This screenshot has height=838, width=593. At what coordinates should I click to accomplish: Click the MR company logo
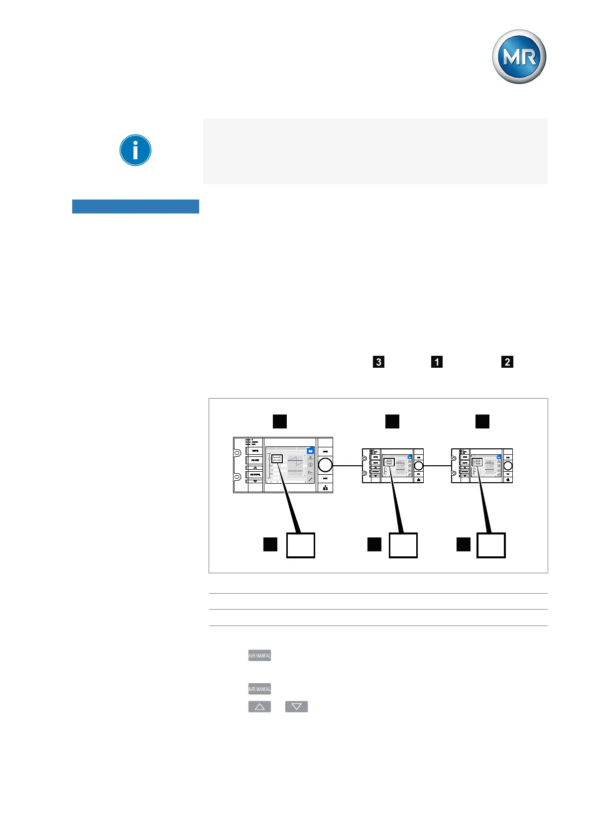(x=519, y=57)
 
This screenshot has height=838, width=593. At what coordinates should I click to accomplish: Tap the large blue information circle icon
(x=135, y=150)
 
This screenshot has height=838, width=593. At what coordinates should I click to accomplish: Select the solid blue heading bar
(x=135, y=207)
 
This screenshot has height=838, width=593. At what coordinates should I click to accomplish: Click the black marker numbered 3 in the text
(x=378, y=362)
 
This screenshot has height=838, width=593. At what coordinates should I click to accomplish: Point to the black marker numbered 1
(x=437, y=362)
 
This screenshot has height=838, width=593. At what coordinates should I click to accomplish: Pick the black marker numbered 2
(x=507, y=362)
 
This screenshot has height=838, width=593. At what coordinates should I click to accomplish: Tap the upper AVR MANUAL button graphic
(x=259, y=655)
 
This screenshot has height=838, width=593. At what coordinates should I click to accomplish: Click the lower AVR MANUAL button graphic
(x=259, y=689)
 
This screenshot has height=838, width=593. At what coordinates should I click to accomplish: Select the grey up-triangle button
(x=259, y=707)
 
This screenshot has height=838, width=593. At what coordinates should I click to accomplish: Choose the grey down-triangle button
(x=296, y=707)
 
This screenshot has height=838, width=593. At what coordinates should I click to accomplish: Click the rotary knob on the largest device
(x=325, y=465)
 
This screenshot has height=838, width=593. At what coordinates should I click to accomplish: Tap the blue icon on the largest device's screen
(x=310, y=450)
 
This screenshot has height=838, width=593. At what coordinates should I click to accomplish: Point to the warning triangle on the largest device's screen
(x=310, y=458)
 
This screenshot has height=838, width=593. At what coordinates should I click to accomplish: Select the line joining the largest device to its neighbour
(x=347, y=466)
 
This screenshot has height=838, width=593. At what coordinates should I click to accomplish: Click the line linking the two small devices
(x=437, y=466)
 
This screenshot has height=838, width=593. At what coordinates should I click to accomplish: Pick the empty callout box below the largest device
(x=301, y=545)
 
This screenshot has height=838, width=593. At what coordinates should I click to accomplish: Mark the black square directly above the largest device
(x=280, y=421)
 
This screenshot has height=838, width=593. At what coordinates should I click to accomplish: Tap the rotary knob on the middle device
(x=419, y=465)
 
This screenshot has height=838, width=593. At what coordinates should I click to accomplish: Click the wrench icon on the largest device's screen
(x=310, y=479)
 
